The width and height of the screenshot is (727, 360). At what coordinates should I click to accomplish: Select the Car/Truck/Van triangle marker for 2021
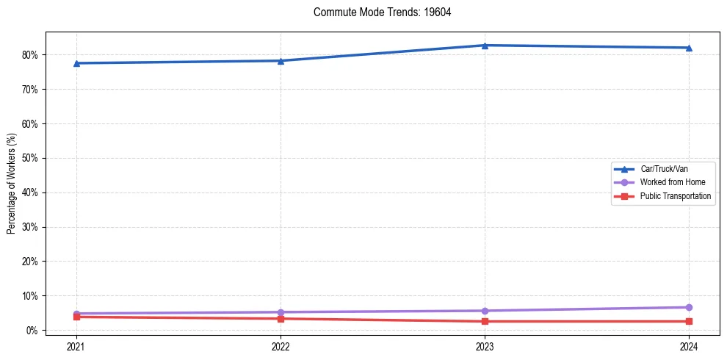[x=76, y=63]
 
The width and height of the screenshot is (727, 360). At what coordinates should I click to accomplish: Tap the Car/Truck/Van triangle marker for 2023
[x=485, y=46]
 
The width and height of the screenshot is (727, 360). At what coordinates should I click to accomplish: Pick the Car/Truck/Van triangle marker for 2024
[x=689, y=48]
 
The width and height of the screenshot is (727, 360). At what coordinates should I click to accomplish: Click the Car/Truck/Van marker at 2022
[x=281, y=61]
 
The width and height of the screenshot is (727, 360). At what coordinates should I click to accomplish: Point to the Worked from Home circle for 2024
[x=689, y=307]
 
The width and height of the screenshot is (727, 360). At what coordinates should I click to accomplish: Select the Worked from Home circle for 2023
[x=485, y=311]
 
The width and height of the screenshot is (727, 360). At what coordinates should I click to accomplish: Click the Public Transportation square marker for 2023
[x=485, y=321]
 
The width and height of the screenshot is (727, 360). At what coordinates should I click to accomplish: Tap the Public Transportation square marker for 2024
[x=689, y=321]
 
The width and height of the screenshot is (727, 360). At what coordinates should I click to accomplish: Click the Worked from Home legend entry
[x=669, y=182]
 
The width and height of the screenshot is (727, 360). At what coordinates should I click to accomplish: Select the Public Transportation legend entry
[x=675, y=196]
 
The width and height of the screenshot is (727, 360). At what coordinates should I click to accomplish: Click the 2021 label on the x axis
[x=76, y=345]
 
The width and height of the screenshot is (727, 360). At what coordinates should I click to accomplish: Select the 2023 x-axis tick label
[x=485, y=345]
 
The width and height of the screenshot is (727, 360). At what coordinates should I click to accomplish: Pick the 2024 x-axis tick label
[x=689, y=345]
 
